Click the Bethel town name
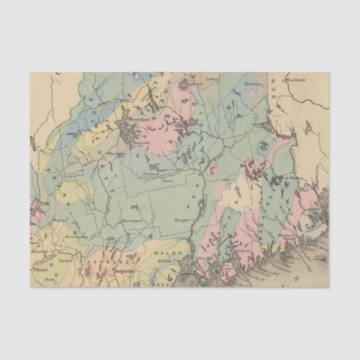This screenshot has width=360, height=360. click(x=39, y=269)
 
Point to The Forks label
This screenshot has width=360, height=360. click(x=115, y=154)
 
